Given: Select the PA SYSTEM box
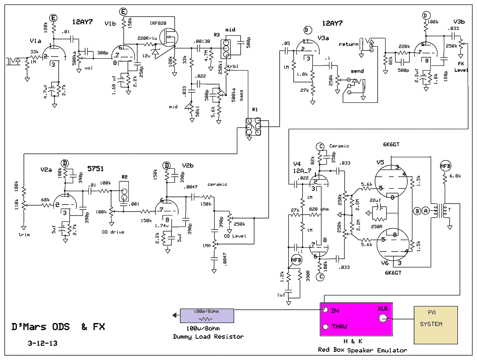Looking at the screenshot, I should tap(436, 325).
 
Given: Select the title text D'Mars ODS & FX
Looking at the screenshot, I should tap(58, 327).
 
